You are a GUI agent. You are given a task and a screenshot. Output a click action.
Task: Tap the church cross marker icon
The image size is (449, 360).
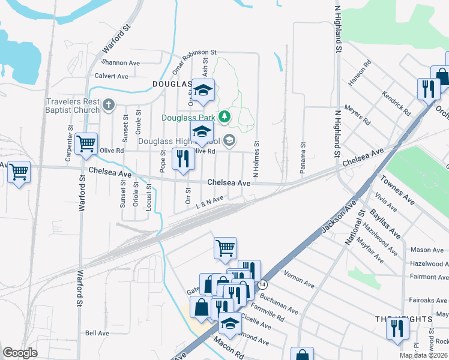[x=109, y=106]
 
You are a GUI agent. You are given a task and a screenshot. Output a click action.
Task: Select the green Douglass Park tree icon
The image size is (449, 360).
[x=224, y=116]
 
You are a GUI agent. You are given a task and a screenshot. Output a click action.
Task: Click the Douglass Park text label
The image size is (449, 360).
[x=191, y=118]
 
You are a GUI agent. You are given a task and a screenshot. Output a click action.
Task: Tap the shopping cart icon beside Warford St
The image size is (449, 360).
[x=86, y=144]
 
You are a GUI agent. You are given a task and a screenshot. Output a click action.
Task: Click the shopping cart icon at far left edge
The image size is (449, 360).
[x=19, y=173]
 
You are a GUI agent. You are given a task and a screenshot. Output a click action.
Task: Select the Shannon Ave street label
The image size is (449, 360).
[x=121, y=62]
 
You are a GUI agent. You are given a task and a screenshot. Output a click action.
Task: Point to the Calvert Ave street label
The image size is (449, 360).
[x=112, y=76]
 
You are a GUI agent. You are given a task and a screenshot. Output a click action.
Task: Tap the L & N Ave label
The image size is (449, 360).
[x=210, y=202]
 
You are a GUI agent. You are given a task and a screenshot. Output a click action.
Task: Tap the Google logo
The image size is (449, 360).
[x=20, y=353]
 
